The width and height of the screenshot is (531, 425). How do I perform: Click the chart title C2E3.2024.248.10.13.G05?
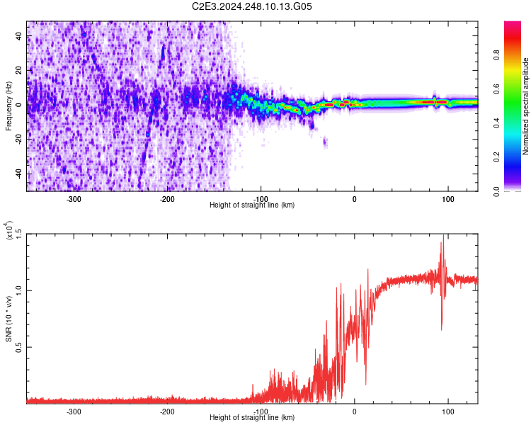click(253, 6)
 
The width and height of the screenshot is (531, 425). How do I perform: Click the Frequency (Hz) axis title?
click(8, 106)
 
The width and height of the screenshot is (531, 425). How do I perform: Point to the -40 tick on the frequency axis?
click(18, 174)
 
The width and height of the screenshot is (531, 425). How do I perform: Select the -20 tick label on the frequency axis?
click(18, 140)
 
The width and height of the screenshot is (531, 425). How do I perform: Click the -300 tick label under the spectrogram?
click(74, 198)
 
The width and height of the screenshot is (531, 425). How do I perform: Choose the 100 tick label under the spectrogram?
click(447, 198)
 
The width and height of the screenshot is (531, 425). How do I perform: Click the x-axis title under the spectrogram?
click(253, 205)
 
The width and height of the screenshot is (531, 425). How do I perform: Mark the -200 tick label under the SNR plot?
click(168, 411)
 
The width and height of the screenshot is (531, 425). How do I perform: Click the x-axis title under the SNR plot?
click(253, 418)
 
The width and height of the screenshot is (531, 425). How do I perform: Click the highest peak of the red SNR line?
click(443, 236)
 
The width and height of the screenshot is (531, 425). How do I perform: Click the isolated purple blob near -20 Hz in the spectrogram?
click(325, 142)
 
